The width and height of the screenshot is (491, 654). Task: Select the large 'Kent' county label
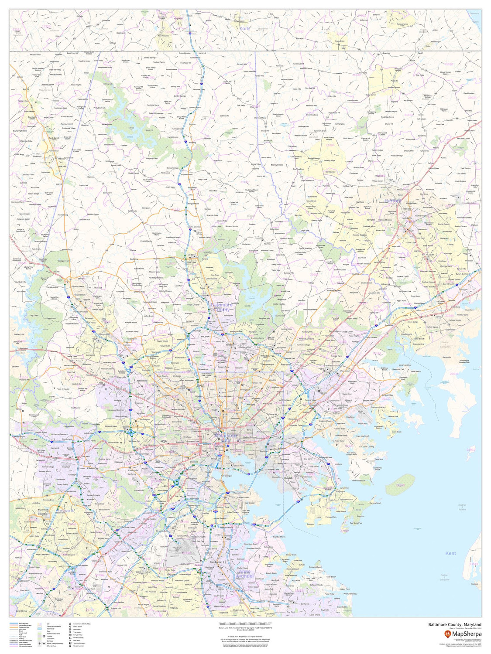pyautogui.click(x=450, y=553)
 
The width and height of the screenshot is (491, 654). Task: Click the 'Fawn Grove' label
pyautogui.click(x=340, y=41)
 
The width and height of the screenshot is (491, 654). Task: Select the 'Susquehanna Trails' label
pyautogui.click(x=406, y=25)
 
